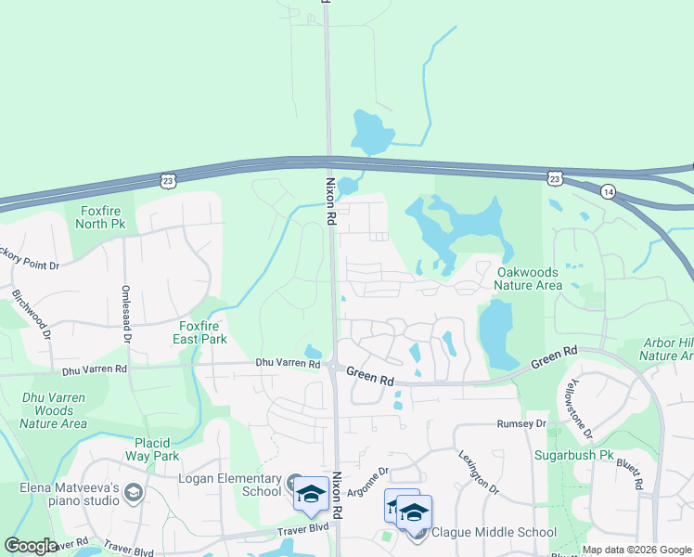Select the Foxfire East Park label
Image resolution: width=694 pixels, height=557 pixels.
click(202, 332)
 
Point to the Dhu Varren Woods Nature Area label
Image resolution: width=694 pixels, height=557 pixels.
click(53, 409)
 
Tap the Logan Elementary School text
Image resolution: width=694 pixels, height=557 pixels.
click(229, 485)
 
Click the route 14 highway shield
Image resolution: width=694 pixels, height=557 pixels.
click(608, 191)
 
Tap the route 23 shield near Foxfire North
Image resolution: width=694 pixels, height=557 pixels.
click(166, 178)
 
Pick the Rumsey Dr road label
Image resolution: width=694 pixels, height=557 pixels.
click(522, 423)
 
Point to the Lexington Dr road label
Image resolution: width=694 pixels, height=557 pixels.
click(479, 472)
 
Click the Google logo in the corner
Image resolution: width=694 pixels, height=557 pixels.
click(31, 546)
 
